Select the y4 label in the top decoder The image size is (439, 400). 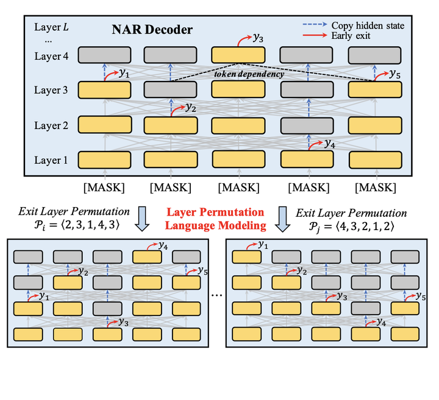[329, 144]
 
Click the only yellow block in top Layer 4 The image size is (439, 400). [238, 55]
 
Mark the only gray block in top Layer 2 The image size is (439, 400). [307, 125]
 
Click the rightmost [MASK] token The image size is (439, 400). [375, 185]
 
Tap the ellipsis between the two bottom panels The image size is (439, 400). [216, 295]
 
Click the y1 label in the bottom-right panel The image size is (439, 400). [263, 244]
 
